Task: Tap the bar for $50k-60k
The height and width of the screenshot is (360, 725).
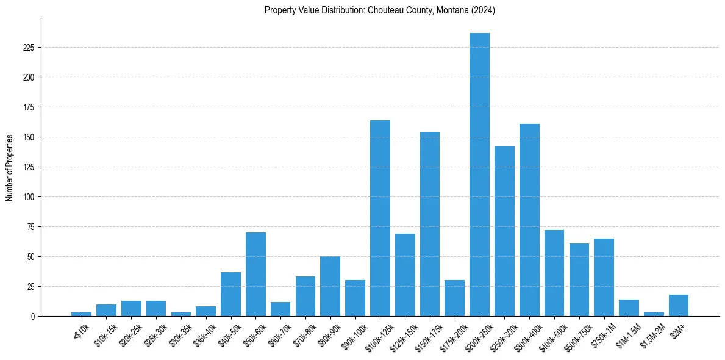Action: coord(255,275)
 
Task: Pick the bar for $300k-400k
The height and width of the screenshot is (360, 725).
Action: coord(529,220)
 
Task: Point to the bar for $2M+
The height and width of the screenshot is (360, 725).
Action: coord(679,306)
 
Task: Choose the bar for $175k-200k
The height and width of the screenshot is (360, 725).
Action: coord(454,298)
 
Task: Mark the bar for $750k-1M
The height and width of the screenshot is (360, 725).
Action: coord(604,278)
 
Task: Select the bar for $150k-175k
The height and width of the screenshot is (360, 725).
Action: coord(430,224)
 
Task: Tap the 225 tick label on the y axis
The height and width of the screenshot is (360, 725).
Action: coord(30,48)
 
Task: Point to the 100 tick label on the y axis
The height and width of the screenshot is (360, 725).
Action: coord(30,197)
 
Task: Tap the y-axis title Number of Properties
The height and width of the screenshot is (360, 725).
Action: coord(10,167)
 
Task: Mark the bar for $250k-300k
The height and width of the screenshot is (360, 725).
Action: coord(504,231)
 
